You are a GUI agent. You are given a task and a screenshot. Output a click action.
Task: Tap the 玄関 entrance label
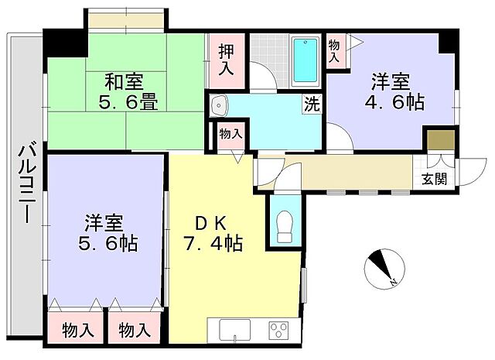pos(434,179)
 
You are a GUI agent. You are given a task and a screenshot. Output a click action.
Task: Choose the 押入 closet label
pos(226,60)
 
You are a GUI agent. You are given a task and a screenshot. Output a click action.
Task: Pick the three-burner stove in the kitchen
pos(278,331)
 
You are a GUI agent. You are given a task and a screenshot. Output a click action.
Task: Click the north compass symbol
pos(381,267)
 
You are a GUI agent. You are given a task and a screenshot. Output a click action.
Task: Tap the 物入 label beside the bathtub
pos(334,52)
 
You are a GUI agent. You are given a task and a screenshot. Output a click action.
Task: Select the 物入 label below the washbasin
pos(230,134)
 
